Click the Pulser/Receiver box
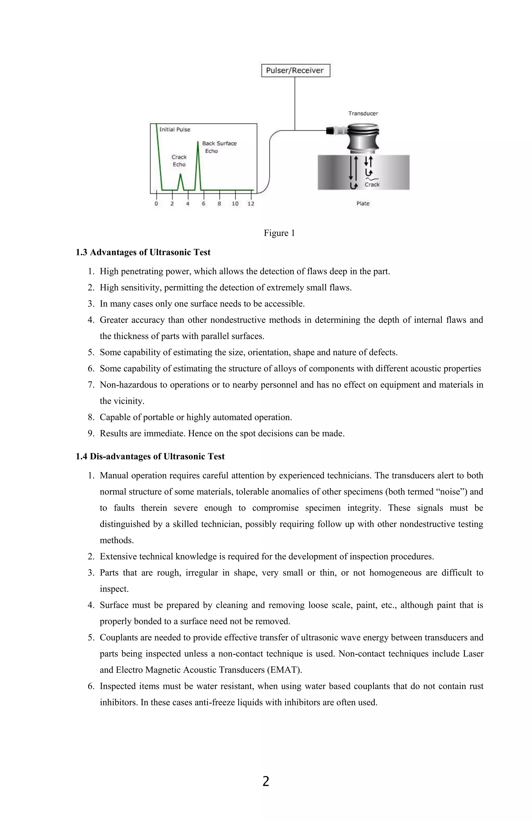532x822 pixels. point(295,70)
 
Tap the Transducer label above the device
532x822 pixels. point(363,113)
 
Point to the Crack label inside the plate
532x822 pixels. point(372,184)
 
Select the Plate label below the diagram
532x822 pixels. point(363,203)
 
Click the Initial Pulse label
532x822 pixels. point(175,130)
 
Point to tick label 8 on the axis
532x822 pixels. point(219,204)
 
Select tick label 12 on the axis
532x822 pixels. point(251,204)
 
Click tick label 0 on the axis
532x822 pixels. point(156,204)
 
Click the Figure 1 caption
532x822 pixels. point(279,233)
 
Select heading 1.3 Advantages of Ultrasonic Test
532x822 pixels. point(143,252)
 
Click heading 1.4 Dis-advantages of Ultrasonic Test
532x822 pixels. point(150,457)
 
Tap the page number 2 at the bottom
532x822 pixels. point(266,781)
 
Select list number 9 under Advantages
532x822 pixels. point(91,433)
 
